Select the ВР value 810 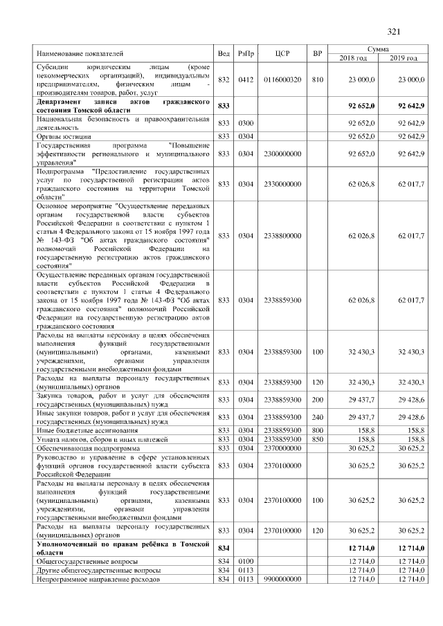click(317, 80)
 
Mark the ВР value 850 click(317, 439)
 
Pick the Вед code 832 click(224, 80)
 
